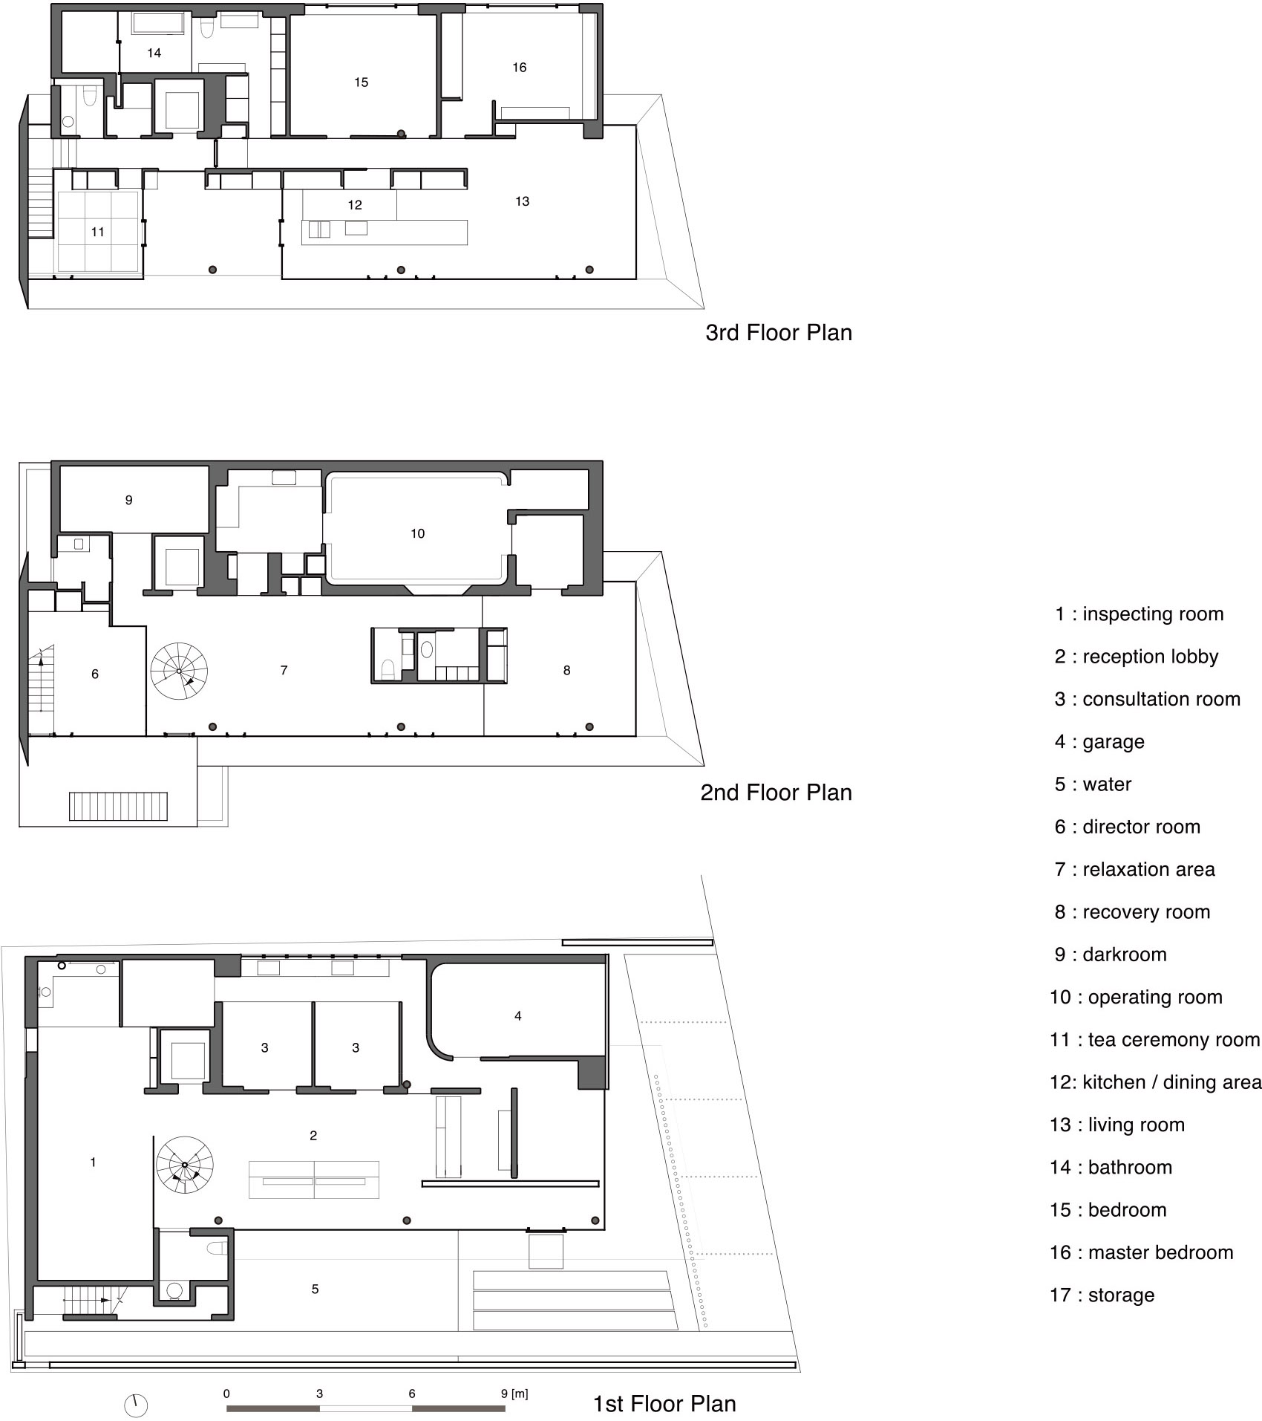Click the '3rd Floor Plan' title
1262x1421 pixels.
778,332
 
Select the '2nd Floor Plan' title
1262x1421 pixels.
776,792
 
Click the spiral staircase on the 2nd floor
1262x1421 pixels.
179,671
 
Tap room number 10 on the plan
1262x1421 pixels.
417,533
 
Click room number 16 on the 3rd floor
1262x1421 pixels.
519,68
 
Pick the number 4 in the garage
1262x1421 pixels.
517,1015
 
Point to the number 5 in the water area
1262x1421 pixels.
315,1289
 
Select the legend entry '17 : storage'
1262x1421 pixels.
1102,1295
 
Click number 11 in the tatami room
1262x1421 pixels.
97,233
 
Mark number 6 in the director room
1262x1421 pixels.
94,674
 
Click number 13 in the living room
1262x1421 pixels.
522,201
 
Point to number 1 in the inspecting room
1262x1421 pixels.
93,1162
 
